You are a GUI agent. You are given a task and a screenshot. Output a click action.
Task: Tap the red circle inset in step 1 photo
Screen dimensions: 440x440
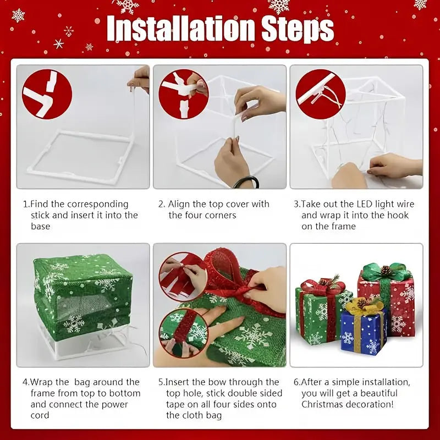point(47,94)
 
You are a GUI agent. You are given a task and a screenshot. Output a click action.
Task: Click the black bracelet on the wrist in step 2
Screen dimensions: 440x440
point(246,181)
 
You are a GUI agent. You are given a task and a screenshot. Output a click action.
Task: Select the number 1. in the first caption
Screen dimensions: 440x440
point(26,205)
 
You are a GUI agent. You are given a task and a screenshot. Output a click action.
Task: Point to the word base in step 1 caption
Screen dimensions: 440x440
point(41,227)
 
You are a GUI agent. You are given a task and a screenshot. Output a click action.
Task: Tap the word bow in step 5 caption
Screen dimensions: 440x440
point(230,382)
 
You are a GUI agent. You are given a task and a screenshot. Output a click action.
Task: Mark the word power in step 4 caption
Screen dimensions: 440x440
point(111,404)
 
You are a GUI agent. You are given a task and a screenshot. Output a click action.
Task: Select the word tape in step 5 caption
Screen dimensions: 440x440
point(177,404)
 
